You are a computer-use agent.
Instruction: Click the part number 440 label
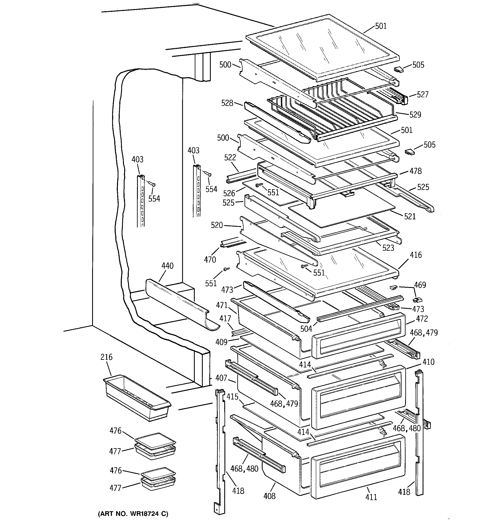[x=167, y=266]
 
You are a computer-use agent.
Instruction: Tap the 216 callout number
[x=106, y=357]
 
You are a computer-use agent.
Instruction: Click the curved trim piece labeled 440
[x=181, y=305]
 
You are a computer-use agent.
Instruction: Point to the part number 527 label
[x=422, y=94]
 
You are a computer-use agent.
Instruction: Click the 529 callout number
[x=415, y=115]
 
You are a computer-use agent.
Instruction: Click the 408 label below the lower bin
[x=269, y=496]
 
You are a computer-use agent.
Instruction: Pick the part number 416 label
[x=415, y=255]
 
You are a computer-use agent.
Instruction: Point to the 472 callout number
[x=422, y=319]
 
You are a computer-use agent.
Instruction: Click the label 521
[x=410, y=216]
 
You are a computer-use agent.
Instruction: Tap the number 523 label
[x=388, y=248]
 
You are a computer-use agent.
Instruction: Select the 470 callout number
[x=210, y=260]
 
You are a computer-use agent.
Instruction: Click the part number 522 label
[x=230, y=158]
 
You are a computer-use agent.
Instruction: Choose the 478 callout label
[x=415, y=171]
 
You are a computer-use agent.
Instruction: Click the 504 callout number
[x=306, y=328]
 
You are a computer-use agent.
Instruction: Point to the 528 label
[x=227, y=103]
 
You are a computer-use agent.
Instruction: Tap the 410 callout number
[x=428, y=362]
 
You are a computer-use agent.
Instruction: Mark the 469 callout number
[x=420, y=285]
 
